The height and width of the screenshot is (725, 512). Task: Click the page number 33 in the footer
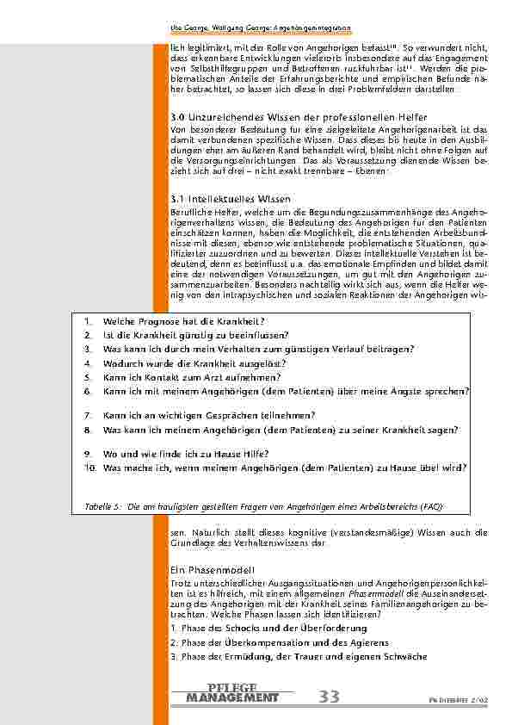coord(328,697)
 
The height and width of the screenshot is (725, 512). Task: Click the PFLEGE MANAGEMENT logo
coord(231,693)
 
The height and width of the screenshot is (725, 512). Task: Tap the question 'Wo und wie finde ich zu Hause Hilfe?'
coord(186,454)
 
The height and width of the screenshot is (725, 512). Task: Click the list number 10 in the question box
coord(90,468)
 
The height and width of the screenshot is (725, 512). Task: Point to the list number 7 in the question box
coord(88,415)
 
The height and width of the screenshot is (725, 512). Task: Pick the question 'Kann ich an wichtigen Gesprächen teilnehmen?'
coord(208,415)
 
